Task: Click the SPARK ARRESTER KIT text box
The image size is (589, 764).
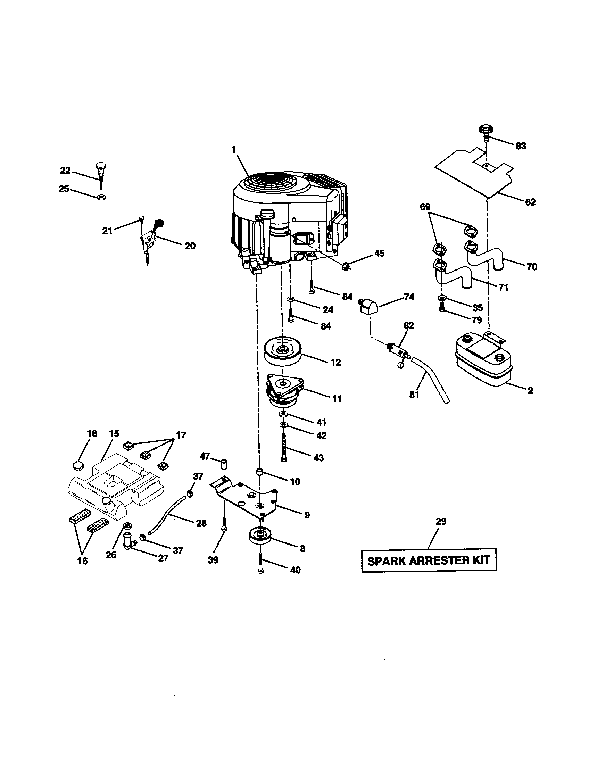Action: [429, 560]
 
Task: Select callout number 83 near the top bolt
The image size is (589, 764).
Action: [521, 146]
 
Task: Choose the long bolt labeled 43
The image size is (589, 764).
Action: [284, 447]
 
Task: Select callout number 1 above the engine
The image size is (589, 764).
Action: [233, 149]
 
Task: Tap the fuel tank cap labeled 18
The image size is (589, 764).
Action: [77, 466]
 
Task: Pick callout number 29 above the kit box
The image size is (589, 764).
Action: [441, 531]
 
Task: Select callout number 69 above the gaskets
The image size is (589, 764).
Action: [425, 207]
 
